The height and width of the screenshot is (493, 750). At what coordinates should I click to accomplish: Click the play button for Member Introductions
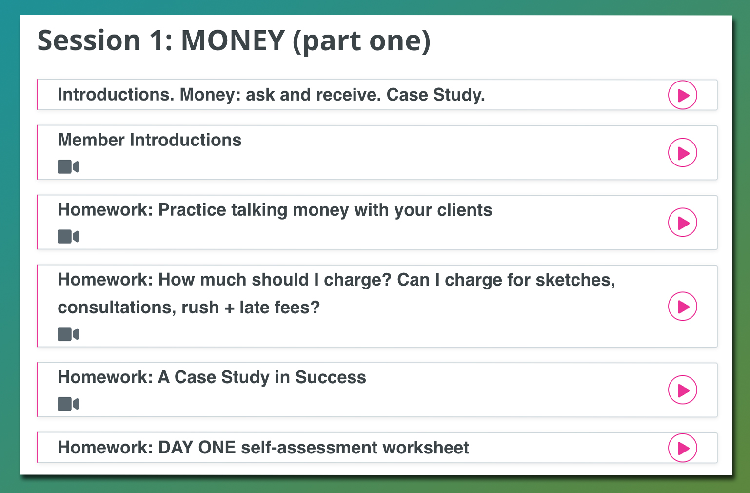point(682,153)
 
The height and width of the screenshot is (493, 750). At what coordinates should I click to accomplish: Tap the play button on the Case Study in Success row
point(682,390)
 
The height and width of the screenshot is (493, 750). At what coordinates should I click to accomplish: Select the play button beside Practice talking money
point(682,223)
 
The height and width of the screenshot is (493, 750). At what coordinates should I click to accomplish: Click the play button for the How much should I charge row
point(682,307)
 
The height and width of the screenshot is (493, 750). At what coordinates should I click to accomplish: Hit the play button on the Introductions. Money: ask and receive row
point(682,95)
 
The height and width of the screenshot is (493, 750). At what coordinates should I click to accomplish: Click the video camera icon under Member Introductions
point(68,166)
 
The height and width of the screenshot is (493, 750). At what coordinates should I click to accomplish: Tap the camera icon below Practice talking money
point(68,237)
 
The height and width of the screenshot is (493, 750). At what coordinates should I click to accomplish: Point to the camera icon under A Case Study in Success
point(68,404)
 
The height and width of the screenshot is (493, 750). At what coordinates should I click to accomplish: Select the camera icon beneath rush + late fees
point(68,334)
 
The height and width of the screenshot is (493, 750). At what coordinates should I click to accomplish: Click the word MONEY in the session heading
point(233,41)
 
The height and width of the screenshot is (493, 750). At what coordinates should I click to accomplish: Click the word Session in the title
point(89,41)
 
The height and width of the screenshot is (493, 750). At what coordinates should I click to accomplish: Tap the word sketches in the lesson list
point(575,280)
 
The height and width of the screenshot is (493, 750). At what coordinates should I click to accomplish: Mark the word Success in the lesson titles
point(331,377)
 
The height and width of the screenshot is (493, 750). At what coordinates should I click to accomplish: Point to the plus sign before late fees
point(229,308)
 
